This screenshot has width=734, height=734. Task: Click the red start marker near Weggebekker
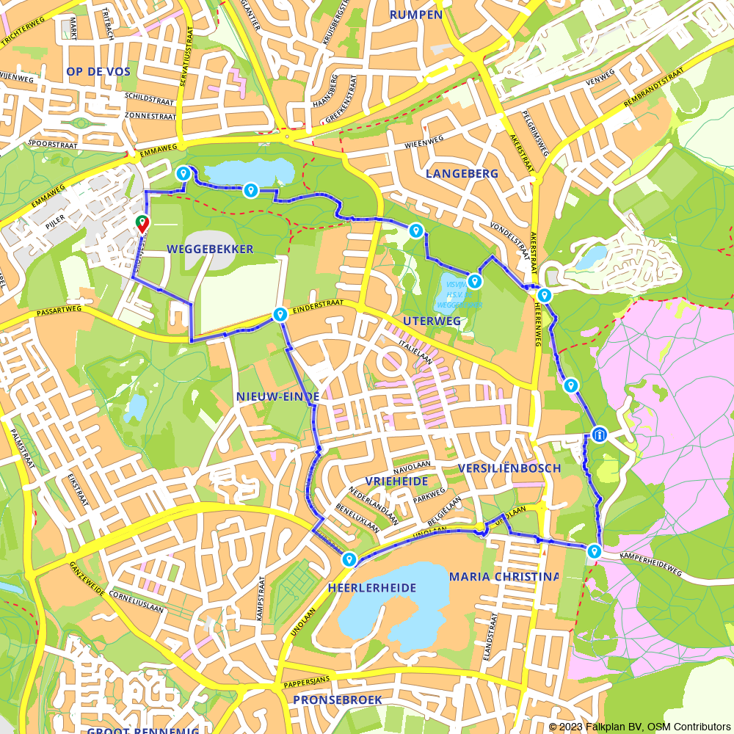141,223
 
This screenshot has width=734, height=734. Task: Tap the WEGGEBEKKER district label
210,250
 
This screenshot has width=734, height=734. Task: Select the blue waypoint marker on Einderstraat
280,315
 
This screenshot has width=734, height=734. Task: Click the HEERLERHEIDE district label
372,588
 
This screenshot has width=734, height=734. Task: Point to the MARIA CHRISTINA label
504,576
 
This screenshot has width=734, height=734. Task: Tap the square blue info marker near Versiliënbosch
600,435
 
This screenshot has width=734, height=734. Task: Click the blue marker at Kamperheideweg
594,550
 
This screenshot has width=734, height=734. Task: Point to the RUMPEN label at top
415,15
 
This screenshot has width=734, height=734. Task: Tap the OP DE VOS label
98,71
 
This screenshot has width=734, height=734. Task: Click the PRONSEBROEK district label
337,700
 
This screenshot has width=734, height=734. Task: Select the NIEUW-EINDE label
277,396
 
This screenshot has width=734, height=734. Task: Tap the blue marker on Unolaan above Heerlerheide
349,560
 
